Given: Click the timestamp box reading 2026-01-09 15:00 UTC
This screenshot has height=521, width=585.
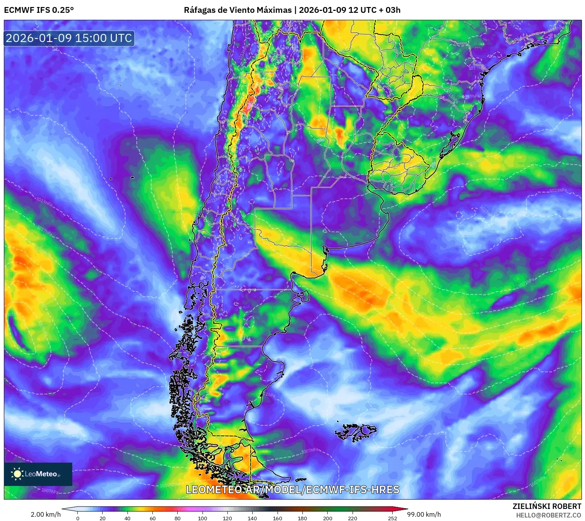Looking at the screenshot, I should [69, 38].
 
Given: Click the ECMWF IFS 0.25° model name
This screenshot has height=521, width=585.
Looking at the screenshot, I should [39, 10].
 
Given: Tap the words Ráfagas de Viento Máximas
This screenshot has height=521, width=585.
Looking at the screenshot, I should [237, 10].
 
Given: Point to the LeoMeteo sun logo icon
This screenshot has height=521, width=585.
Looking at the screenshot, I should [17, 474].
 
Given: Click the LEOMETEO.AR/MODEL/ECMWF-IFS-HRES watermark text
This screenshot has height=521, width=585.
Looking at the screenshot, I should [292, 489].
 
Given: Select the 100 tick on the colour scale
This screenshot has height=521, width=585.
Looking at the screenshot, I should [203, 518].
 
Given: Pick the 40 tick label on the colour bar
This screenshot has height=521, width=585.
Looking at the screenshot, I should [127, 518].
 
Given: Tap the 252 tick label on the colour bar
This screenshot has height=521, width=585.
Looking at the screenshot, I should [393, 518].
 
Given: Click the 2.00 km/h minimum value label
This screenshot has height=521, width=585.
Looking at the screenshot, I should [46, 514].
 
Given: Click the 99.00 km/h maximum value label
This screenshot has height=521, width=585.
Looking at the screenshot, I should [424, 514].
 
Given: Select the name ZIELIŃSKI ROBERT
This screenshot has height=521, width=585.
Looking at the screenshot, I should [547, 506].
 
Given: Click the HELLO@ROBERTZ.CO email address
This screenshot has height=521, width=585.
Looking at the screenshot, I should [548, 515].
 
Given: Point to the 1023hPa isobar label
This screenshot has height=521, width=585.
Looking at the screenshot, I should [558, 190].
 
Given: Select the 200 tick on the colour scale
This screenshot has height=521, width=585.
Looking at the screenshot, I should [328, 518].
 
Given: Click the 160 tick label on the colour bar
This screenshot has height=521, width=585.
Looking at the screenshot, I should [278, 518].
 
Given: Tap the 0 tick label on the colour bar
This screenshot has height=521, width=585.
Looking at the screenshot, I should [78, 518].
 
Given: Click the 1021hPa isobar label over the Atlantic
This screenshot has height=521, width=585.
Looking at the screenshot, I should [526, 283].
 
